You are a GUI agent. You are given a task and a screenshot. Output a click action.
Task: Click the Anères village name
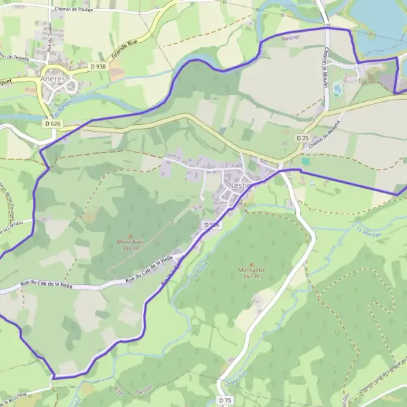pyautogui.click(x=52, y=78)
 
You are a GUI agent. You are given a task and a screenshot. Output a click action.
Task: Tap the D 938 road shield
pyautogui.click(x=97, y=66)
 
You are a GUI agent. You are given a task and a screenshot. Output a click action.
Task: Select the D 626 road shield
pyautogui.click(x=53, y=123)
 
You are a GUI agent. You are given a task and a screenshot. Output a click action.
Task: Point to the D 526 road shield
pyautogui.click(x=211, y=225)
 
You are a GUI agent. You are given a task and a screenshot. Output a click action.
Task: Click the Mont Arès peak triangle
pyautogui.click(x=130, y=235)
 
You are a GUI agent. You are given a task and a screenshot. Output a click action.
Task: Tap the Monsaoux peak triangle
pyautogui.click(x=252, y=264)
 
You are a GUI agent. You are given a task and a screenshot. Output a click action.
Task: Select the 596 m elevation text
pyautogui.click(x=131, y=248)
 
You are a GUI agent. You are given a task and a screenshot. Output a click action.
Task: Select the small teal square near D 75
pyautogui.click(x=305, y=161)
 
